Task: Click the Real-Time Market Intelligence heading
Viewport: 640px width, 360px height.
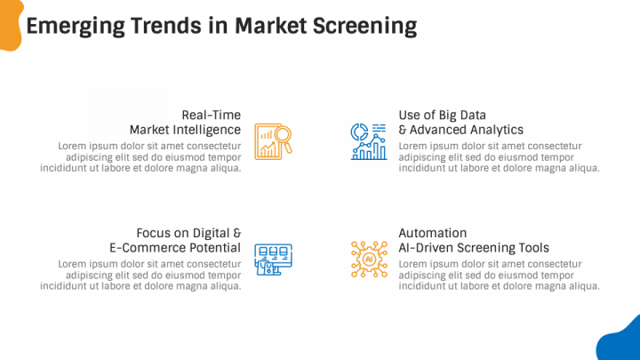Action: [x=185, y=122]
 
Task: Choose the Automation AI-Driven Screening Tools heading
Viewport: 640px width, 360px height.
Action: [x=473, y=240]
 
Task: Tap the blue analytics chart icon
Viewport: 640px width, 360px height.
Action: [x=368, y=141]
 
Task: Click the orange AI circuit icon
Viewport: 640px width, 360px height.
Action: [x=368, y=259]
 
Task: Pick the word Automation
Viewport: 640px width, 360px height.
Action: [x=432, y=233]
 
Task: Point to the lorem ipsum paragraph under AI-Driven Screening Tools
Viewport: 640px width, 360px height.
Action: [x=499, y=275]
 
